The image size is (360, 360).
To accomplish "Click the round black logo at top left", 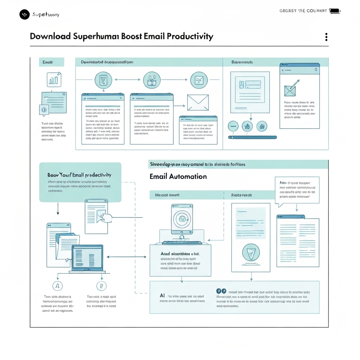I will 25,14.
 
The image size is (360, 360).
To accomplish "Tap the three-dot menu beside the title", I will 326,37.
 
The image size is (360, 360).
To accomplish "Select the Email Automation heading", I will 178,176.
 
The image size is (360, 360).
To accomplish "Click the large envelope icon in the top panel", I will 198,102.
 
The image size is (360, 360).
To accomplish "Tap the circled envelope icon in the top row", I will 199,80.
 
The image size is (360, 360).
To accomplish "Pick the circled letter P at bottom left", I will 101,286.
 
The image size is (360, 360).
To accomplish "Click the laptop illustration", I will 88,259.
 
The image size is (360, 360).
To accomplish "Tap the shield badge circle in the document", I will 251,252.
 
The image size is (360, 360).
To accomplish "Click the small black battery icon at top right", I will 334,11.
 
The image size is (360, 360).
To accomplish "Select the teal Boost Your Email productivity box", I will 80,182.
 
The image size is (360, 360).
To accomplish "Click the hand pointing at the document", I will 106,217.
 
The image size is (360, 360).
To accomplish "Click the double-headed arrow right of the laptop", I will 126,257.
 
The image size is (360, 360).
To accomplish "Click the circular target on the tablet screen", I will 182,219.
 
